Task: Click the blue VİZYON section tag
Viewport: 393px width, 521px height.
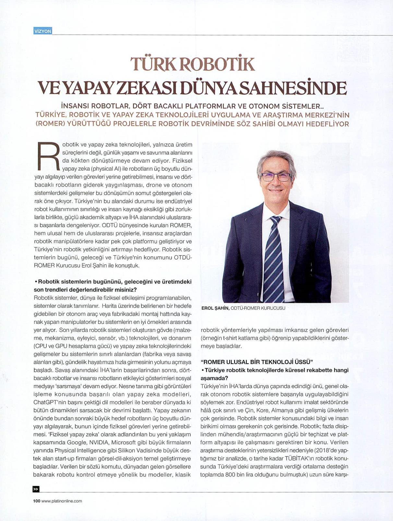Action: [x=42, y=31]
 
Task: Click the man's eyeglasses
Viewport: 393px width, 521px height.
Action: [x=276, y=177]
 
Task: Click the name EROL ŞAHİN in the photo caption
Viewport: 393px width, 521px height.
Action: [x=215, y=308]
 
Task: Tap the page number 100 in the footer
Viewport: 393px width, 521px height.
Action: [x=36, y=501]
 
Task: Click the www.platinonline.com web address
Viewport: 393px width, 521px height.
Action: [x=62, y=501]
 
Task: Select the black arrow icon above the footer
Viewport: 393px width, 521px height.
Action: [x=36, y=489]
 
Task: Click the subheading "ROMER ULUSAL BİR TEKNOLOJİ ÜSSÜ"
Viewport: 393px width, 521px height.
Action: [x=256, y=362]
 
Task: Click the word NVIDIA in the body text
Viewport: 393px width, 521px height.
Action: [x=99, y=442]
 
